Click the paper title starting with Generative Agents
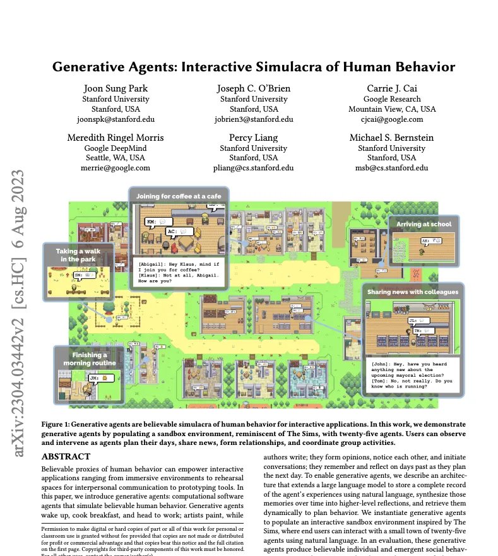tap(253, 66)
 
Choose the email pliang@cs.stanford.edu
tap(252, 168)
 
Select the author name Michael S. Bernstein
tap(391, 138)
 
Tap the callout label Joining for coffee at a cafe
tap(179, 196)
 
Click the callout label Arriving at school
tap(424, 224)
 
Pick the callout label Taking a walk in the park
tap(78, 255)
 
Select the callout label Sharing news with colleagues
tap(412, 292)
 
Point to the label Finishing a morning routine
tap(88, 359)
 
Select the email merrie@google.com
tap(116, 168)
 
